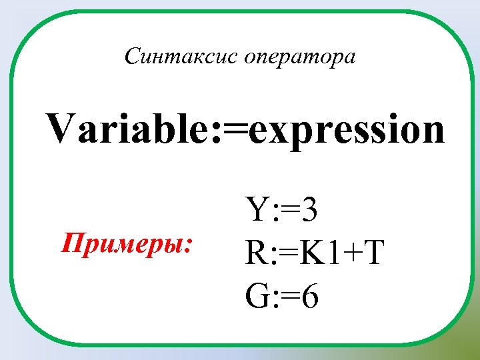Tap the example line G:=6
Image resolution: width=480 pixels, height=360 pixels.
pyautogui.click(x=282, y=294)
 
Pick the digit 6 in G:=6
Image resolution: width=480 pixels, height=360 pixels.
pyautogui.click(x=309, y=294)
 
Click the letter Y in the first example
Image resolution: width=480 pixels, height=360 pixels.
pyautogui.click(x=257, y=213)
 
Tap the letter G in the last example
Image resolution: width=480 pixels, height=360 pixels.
pyautogui.click(x=257, y=294)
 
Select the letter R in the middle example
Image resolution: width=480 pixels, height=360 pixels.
pyautogui.click(x=257, y=253)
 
